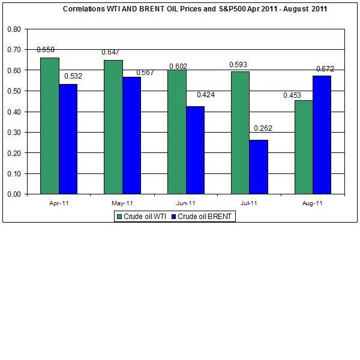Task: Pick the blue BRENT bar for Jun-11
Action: click(195, 150)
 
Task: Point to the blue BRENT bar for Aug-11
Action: click(322, 135)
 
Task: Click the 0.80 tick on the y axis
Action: click(14, 29)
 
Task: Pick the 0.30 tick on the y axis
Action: click(14, 133)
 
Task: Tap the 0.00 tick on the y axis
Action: click(14, 194)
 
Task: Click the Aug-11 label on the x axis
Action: click(313, 203)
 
